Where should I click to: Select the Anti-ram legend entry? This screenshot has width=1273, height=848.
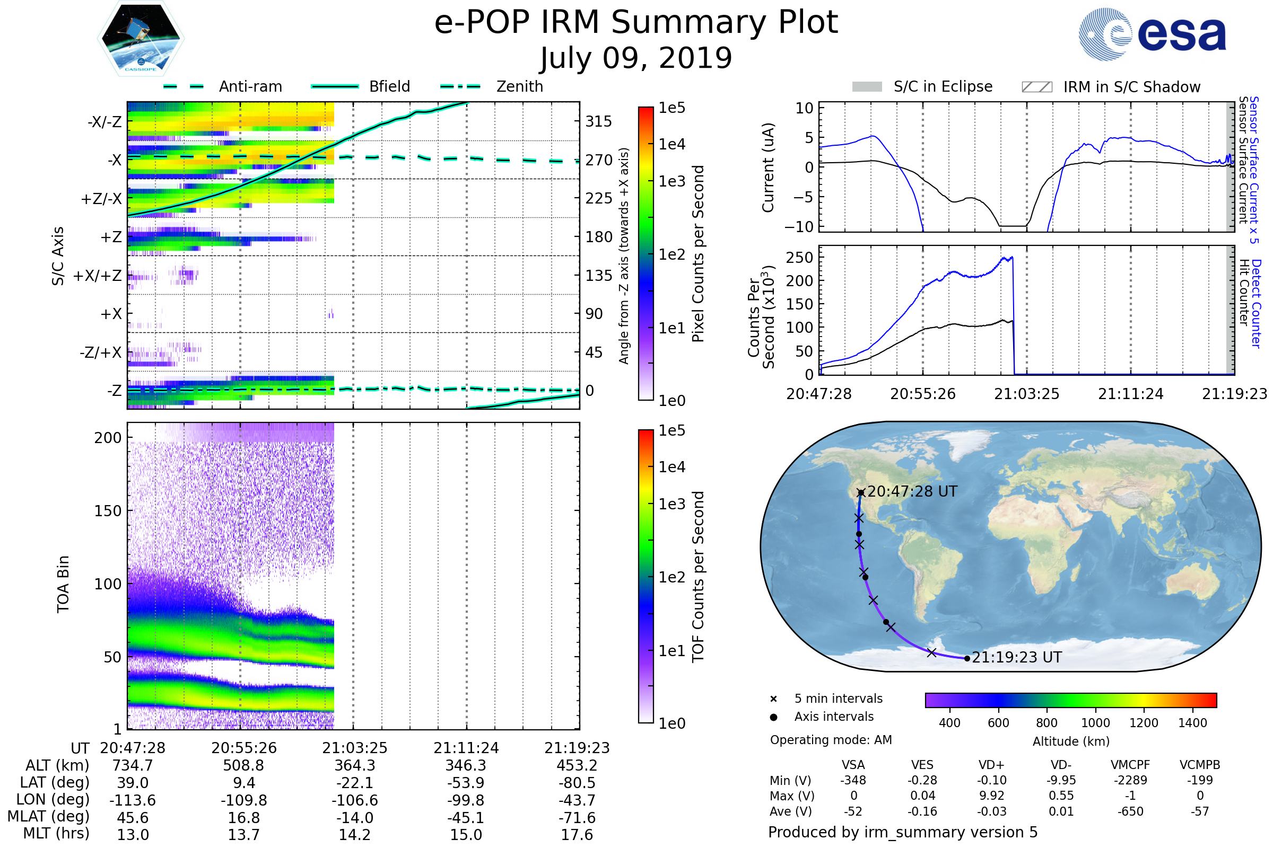click(250, 86)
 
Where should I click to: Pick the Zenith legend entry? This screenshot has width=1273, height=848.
click(519, 86)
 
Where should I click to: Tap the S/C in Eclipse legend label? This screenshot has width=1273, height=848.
click(943, 86)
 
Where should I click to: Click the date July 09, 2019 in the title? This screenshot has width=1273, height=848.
click(636, 58)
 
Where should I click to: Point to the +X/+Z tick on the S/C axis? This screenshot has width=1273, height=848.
click(98, 276)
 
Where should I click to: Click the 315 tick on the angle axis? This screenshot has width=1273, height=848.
click(598, 121)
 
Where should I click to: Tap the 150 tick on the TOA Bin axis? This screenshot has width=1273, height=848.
click(108, 511)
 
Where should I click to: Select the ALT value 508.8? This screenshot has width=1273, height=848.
click(243, 766)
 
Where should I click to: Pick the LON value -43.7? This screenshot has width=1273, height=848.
click(577, 800)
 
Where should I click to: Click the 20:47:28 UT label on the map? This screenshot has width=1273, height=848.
click(912, 492)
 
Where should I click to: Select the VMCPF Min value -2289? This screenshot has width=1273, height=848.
click(1130, 780)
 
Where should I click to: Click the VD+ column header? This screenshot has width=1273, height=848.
click(991, 765)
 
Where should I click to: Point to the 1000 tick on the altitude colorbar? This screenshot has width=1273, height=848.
click(1095, 723)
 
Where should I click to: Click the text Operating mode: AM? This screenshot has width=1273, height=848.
click(831, 740)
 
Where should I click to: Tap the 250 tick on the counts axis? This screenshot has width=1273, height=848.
click(799, 258)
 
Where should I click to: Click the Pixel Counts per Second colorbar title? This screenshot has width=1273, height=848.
click(698, 254)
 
